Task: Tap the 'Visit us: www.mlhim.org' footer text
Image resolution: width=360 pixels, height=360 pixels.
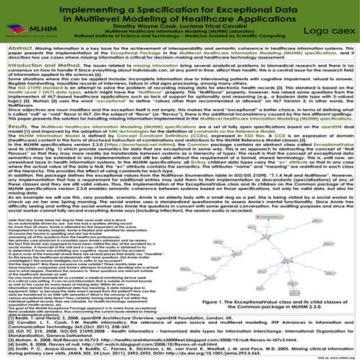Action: pyautogui.click(x=340, y=355)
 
